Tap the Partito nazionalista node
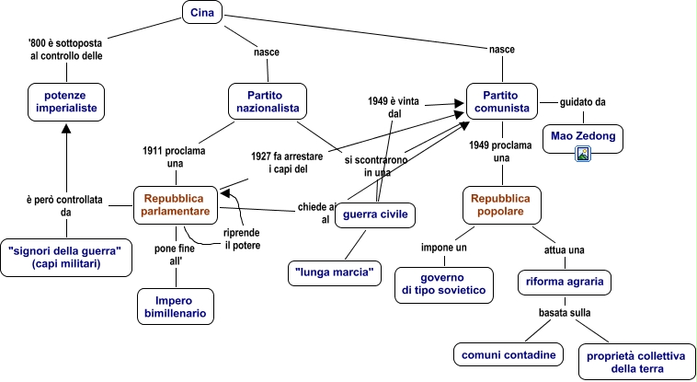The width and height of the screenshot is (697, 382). [x=267, y=101]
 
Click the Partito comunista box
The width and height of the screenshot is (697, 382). [x=502, y=101]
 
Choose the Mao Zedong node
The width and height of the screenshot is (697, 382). [x=582, y=137]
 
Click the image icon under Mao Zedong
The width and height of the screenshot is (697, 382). [x=582, y=154]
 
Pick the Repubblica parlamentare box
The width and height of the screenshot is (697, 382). [x=176, y=205]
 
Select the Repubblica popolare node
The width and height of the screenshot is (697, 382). [x=502, y=204]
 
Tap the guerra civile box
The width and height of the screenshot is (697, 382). [x=375, y=215]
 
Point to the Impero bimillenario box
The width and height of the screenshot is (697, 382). [x=175, y=307]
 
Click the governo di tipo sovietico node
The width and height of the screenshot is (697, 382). [x=442, y=284]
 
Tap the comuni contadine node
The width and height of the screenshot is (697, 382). [x=508, y=354]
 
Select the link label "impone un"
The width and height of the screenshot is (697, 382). [x=444, y=249]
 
